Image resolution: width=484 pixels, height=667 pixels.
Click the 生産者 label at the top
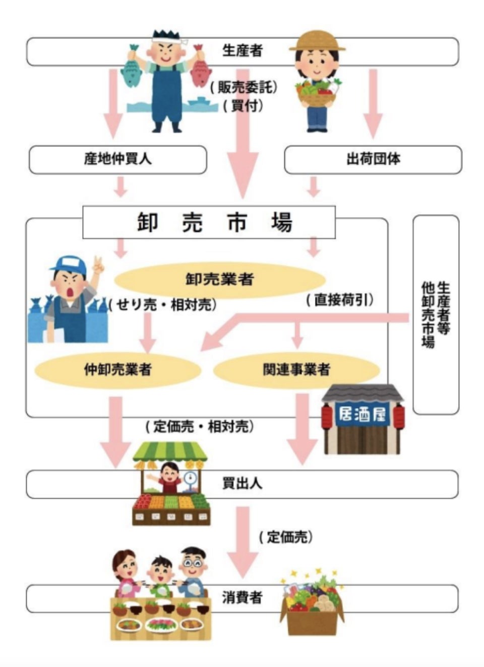tap(242, 50)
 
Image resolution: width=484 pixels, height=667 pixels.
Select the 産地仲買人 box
tap(117, 159)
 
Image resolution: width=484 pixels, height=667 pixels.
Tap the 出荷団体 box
tap(373, 159)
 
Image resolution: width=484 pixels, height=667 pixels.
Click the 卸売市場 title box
tap(209, 222)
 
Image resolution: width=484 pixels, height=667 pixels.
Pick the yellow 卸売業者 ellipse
tap(220, 279)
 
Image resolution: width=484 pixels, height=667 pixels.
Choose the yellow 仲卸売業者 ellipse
tap(117, 370)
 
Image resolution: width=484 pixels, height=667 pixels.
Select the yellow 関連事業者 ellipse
tap(296, 370)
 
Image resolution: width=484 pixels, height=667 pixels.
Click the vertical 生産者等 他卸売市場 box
tap(436, 315)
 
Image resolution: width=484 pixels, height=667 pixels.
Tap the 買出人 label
tap(242, 484)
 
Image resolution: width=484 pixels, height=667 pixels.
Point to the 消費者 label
tap(242, 598)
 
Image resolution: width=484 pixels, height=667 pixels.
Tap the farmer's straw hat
tap(317, 42)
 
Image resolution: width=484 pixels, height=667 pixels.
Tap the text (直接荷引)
tap(340, 300)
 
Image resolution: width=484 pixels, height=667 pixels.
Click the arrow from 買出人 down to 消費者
tap(243, 542)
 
